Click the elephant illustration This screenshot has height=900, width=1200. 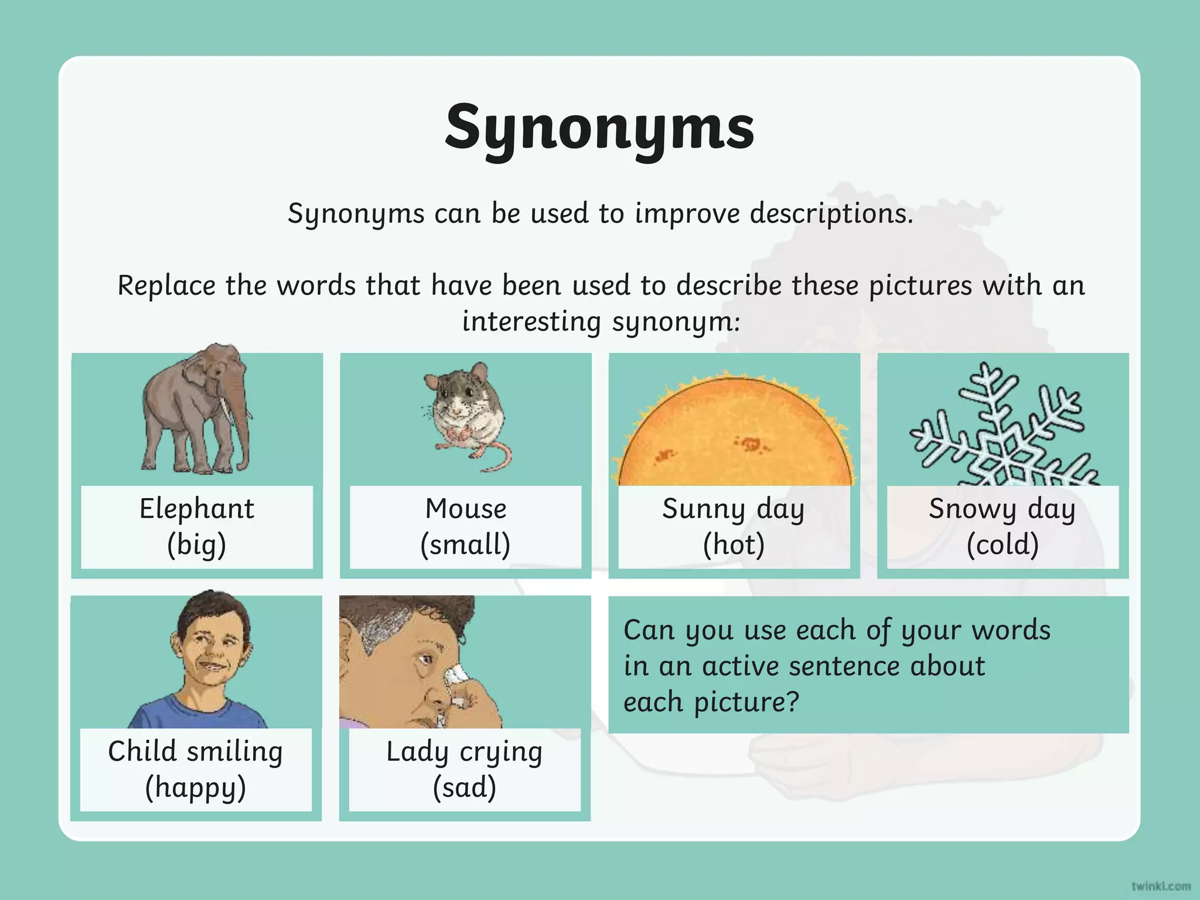click(196, 410)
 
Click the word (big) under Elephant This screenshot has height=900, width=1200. click(196, 545)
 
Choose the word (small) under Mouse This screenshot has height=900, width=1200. click(465, 545)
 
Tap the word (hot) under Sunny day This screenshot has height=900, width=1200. click(734, 545)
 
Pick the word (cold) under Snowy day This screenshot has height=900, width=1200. click(1003, 545)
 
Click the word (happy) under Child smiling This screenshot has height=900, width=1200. click(196, 787)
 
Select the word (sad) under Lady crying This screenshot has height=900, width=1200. click(465, 787)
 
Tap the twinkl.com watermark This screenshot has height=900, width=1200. click(1161, 886)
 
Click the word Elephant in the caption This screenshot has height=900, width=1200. click(197, 509)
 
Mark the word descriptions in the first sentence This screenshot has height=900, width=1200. click(831, 213)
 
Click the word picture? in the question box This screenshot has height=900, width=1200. click(746, 702)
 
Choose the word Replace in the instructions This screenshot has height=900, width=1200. click(166, 286)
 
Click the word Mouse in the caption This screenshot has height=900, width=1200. click(466, 509)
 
